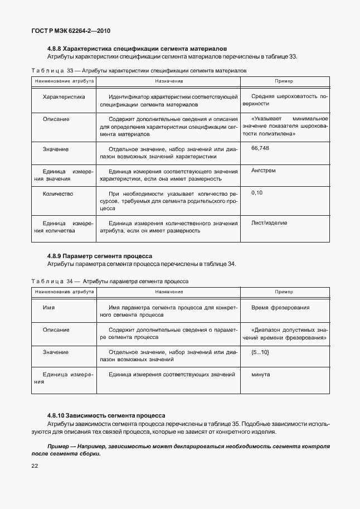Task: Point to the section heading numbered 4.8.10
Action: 106,416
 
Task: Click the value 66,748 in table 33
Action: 260,148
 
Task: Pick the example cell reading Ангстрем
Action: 264,171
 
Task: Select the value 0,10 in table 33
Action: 256,192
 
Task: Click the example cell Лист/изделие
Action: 270,223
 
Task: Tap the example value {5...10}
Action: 260,352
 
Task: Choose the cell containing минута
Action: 261,374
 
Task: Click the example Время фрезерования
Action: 280,308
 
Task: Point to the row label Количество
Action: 58,193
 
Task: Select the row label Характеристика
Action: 64,96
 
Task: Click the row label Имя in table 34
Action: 48,308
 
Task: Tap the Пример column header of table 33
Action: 284,81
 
